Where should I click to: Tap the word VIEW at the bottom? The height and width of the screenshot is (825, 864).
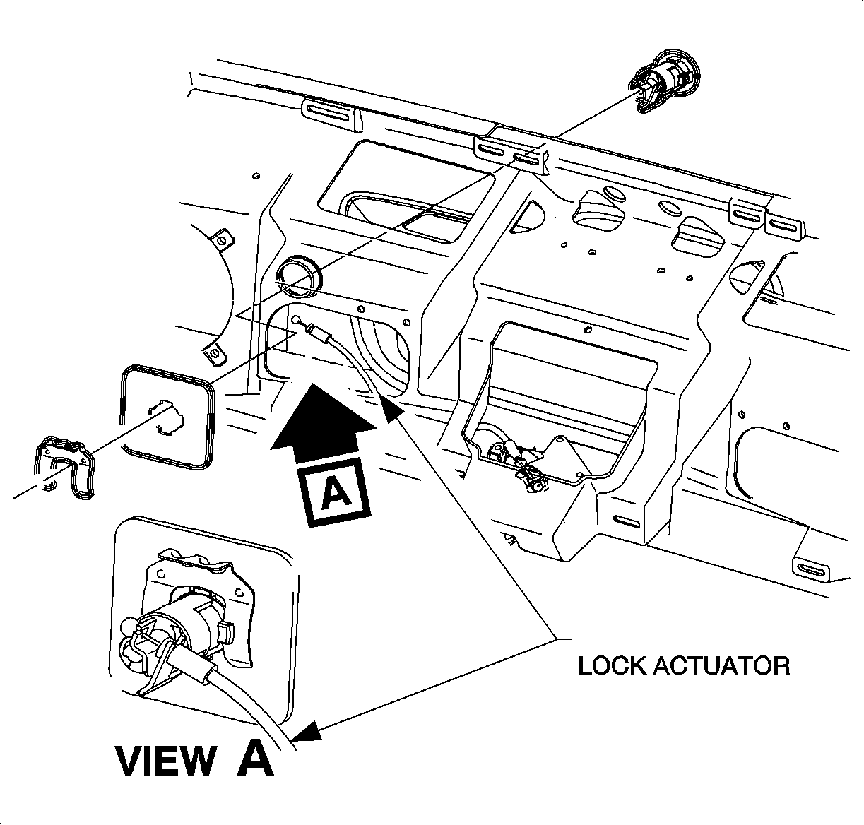coord(165,761)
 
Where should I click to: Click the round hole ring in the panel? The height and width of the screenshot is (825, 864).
coord(298,275)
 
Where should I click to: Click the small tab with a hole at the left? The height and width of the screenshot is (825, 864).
coord(222,239)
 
